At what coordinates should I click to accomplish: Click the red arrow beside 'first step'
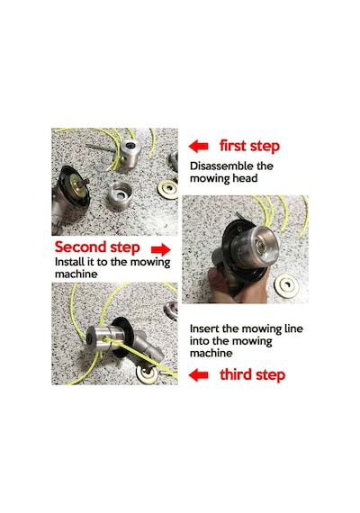click(198, 146)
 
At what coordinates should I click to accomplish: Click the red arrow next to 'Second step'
click(161, 249)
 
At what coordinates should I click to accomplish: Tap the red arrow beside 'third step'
click(198, 375)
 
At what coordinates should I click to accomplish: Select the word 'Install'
click(68, 262)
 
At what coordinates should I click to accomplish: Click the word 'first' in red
click(232, 145)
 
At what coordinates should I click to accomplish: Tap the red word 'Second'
click(80, 247)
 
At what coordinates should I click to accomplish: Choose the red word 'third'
click(236, 374)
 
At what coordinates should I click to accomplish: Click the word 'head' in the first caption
click(245, 178)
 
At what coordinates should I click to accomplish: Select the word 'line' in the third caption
click(293, 328)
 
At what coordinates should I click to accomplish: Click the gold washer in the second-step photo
click(286, 286)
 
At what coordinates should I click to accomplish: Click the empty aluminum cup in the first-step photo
click(120, 195)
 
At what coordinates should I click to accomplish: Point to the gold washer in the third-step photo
click(147, 373)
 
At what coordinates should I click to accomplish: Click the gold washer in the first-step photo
click(167, 189)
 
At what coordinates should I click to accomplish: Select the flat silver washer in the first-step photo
click(104, 161)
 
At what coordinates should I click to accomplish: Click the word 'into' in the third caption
click(200, 341)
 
